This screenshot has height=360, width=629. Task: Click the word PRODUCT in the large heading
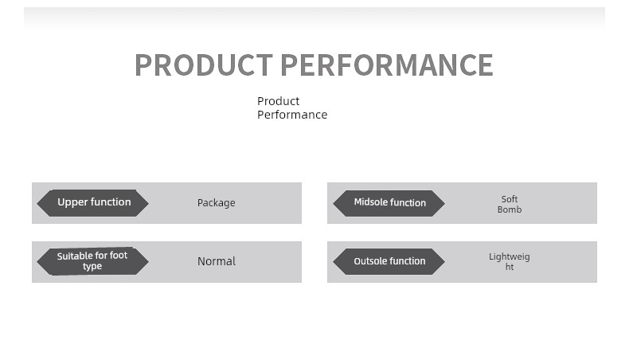[204, 65]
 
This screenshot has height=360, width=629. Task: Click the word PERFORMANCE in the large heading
[387, 65]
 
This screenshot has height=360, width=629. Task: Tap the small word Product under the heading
[279, 100]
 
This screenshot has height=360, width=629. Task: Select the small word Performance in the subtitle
[292, 115]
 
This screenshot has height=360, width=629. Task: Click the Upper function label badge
[92, 202]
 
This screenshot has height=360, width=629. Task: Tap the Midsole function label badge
[389, 203]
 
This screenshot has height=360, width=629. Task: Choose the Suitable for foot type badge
[92, 261]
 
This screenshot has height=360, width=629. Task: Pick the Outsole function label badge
[389, 261]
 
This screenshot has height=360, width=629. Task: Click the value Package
[217, 203]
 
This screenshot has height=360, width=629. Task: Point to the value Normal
[217, 261]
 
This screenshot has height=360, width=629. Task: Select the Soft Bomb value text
[510, 204]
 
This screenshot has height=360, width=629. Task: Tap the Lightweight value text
[510, 262]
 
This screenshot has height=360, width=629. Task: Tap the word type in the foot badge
[92, 267]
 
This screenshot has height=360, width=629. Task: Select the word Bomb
[510, 209]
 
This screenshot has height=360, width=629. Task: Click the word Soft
[510, 199]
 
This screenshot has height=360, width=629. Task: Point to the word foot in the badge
[119, 255]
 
